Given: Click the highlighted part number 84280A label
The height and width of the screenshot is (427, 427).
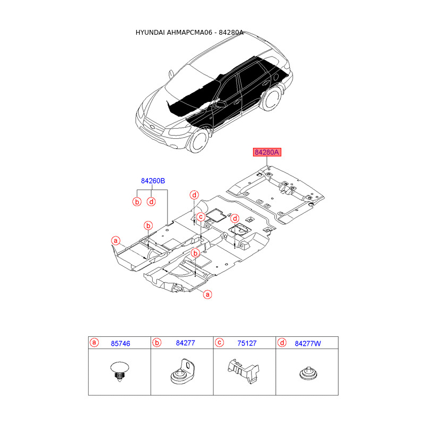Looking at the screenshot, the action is (267, 153).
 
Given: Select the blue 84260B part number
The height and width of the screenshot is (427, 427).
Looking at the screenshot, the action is (153, 181).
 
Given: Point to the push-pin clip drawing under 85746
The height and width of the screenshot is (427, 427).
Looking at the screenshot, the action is (119, 371).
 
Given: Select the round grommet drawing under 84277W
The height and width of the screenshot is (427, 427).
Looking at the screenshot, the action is (307, 373).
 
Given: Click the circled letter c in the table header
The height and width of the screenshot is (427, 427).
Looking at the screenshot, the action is (219, 343).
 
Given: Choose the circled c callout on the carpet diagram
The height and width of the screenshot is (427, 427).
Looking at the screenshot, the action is (201, 216).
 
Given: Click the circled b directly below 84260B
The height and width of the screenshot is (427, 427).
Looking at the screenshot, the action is (137, 201).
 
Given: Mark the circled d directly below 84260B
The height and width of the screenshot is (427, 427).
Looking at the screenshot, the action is (152, 201).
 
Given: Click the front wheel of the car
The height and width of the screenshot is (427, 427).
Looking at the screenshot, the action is (199, 138).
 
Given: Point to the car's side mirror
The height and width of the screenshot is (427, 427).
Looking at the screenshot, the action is (219, 105).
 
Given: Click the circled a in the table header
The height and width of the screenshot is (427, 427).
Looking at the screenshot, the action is (94, 343).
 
